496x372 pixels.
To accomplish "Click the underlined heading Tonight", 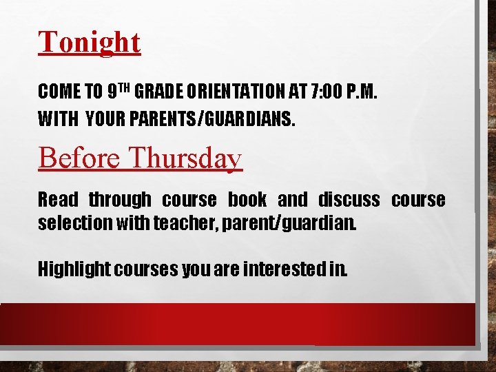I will point(90,43).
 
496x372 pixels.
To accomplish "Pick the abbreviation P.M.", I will point(361,91).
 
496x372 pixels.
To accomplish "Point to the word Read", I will point(58,200).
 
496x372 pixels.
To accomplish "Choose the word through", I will point(120,200).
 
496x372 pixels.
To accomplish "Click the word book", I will point(247,200).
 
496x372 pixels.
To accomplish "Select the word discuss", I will point(349,200).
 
